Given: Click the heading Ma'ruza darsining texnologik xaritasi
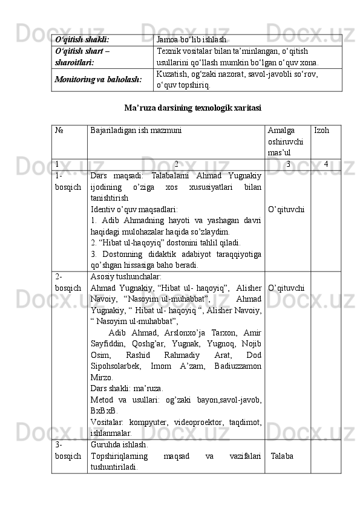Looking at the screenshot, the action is pyautogui.click(x=192, y=108).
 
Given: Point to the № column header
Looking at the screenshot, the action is pyautogui.click(x=58, y=130).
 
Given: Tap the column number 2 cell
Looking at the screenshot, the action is pyautogui.click(x=176, y=164).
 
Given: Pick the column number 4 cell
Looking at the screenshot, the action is pyautogui.click(x=326, y=164).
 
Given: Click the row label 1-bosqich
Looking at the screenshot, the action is pyautogui.click(x=67, y=182).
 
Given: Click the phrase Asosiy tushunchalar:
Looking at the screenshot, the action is pyautogui.click(x=125, y=276).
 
